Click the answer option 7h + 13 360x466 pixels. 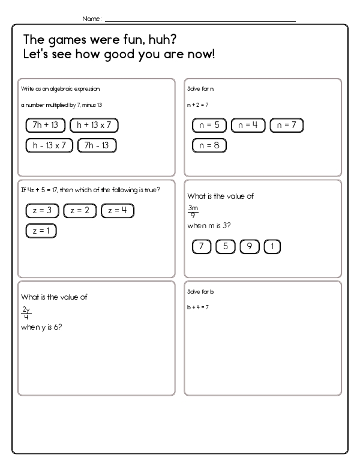pos(46,125)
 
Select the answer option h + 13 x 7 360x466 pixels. pos(94,125)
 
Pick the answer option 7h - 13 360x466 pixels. pos(97,145)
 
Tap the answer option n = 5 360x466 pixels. pos(209,126)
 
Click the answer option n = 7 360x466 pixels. pos(286,126)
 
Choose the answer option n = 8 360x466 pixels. pos(209,145)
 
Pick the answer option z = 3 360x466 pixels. pos(42,210)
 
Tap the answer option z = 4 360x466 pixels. pos(118,210)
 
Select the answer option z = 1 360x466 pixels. pos(42,231)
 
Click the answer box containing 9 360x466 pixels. pos(249,246)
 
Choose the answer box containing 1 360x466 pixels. pos(272,246)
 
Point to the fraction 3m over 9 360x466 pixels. pos(193,211)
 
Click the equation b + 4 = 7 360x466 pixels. pos(197,307)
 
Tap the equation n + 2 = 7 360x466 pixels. pos(197,104)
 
